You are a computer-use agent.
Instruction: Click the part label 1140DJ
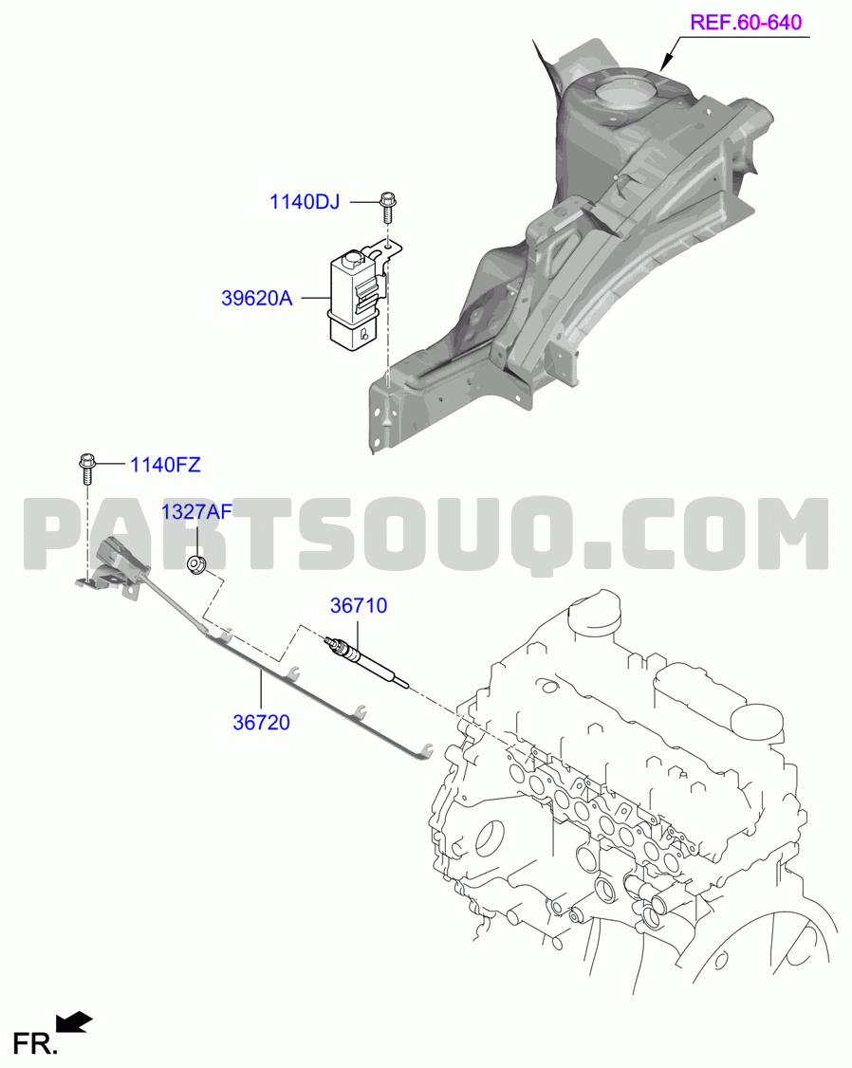305,202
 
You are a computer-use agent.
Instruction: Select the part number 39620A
257,299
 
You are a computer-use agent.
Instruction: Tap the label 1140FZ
165,465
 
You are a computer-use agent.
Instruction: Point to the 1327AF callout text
196,511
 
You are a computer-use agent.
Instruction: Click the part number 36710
359,605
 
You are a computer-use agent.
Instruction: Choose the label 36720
262,722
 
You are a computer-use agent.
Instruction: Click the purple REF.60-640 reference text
747,22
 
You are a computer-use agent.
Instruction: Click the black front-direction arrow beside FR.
74,1022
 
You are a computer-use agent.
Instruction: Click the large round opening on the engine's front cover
490,838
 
